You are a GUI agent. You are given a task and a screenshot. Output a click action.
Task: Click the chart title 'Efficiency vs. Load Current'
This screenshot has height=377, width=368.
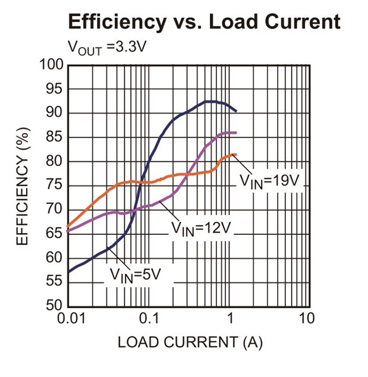pyautogui.click(x=204, y=22)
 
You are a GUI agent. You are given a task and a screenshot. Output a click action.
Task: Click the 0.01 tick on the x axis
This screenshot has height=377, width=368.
pyautogui.click(x=67, y=319)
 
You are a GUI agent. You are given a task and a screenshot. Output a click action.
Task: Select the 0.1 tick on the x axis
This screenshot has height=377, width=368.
pyautogui.click(x=148, y=319)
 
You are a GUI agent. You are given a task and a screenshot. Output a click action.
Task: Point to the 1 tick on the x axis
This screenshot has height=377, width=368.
pyautogui.click(x=231, y=319)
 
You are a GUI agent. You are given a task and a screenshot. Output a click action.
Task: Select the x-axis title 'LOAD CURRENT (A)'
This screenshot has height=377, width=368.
pyautogui.click(x=190, y=343)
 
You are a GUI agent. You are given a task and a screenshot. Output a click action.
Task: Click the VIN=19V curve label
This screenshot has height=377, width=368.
pyautogui.click(x=271, y=179)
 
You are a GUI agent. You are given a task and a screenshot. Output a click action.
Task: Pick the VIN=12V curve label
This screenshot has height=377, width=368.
pyautogui.click(x=201, y=228)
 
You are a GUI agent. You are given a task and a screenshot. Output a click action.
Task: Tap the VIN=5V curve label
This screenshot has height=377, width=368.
pyautogui.click(x=136, y=275)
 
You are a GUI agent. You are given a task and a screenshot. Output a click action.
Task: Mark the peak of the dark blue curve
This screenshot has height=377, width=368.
pyautogui.click(x=208, y=101)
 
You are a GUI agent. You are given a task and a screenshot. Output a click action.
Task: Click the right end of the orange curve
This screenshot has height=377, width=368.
pyautogui.click(x=237, y=155)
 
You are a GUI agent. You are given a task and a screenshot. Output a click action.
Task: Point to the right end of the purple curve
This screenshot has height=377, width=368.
pyautogui.click(x=237, y=133)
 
